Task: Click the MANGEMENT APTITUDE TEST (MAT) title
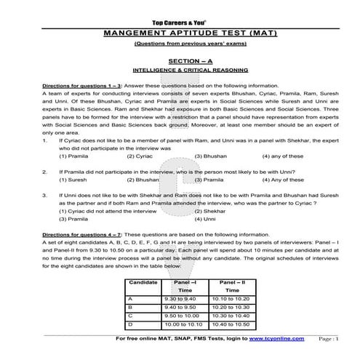[179, 33]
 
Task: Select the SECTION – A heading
[180, 62]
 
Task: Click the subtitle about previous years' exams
[179, 44]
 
